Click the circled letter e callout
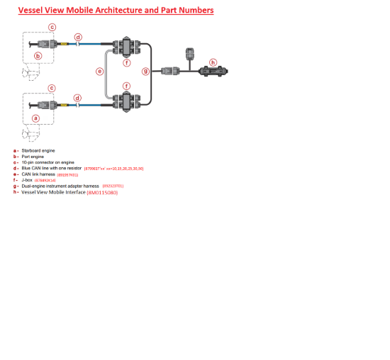pos(99,71)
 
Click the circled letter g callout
pos(146,71)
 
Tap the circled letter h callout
pos(213,62)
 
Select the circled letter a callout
pos(35,118)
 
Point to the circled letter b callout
pos(38,55)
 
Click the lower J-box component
pos(126,101)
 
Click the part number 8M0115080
pos(102,192)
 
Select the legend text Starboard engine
pos(38,150)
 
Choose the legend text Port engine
pos(33,157)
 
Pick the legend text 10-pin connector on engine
pos(48,162)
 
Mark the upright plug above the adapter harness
pos(189,55)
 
